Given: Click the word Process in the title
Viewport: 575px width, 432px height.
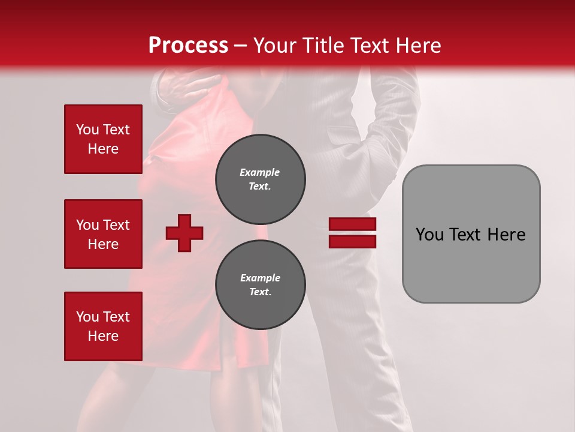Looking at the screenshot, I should click(188, 46).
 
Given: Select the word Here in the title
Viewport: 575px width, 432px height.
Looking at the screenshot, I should click(417, 46).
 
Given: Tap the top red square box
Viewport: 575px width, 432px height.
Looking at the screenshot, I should click(103, 139).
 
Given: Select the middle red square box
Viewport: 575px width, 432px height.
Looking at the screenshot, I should click(103, 234).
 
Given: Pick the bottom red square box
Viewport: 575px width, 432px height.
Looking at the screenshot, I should click(103, 326).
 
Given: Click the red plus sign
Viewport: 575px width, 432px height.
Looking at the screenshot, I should click(184, 233).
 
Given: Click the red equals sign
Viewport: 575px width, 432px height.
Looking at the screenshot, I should click(352, 233).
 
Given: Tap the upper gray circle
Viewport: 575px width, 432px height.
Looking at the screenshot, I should click(260, 179).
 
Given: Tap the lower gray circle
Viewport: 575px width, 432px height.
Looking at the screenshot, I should click(260, 285).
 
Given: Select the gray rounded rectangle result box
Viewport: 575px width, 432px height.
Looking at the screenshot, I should click(471, 234).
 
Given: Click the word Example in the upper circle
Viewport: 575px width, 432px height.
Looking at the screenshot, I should click(260, 172).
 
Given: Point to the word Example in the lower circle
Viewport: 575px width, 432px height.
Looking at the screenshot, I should click(260, 278).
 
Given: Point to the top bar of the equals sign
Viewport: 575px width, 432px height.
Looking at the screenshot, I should click(352, 224).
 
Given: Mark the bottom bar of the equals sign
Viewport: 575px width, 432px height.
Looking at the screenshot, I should click(352, 242).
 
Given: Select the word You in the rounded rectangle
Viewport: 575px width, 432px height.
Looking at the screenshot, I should click(430, 235).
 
